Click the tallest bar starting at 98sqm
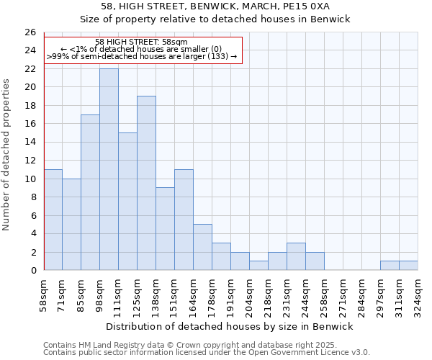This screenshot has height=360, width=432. point(109,169)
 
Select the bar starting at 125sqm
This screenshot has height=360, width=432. point(146,183)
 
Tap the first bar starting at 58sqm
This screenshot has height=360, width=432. point(53,220)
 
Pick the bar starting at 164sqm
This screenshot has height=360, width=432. point(202,247)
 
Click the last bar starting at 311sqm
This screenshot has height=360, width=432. point(408,266)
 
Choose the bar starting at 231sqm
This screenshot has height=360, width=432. point(296,256)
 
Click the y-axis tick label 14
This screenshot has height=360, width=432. point(30,143)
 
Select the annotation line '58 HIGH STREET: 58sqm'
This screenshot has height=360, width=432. point(142,42)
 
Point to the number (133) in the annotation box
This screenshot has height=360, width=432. point(217,55)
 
